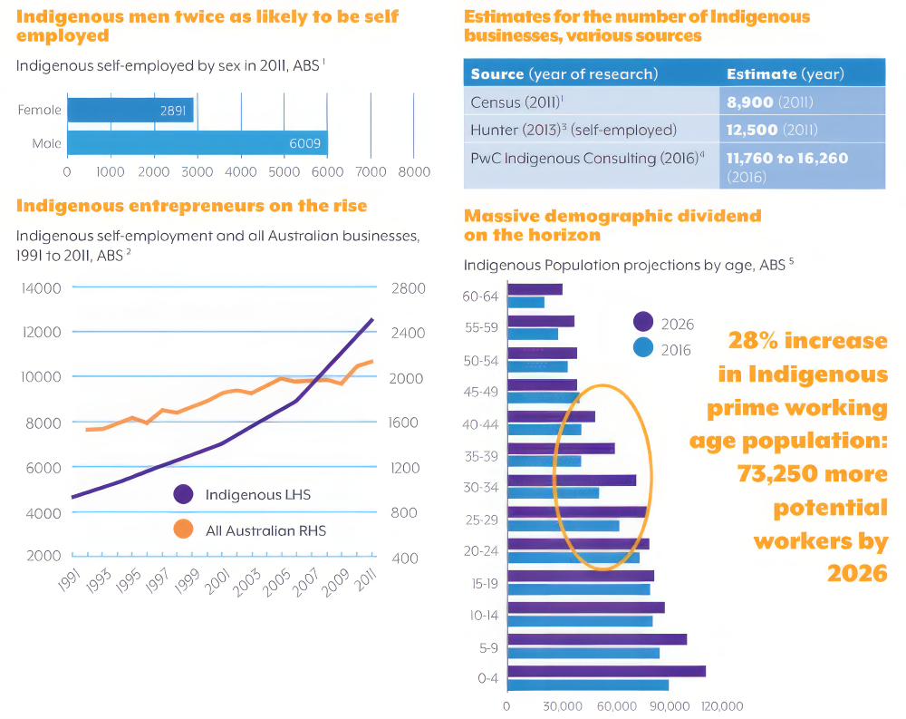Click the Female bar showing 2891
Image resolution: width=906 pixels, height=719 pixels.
pos(130,111)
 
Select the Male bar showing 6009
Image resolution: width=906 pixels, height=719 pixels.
pos(197,143)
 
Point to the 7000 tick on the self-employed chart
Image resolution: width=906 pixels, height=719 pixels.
pos(371,170)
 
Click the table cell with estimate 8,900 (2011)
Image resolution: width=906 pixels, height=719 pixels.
pos(801,102)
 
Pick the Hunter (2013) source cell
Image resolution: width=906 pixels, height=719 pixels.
pos(591,130)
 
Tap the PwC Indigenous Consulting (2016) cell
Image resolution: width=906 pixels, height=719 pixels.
pos(591,159)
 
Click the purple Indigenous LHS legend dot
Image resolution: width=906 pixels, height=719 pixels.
pos(183,494)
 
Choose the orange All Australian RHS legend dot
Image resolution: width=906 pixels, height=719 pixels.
pos(183,530)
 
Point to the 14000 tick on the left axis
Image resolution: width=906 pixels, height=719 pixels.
pos(41,288)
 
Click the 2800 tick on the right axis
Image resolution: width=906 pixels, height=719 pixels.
pos(408,288)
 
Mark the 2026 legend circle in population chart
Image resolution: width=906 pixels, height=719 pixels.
pos(643,323)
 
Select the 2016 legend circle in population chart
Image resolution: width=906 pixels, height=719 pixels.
pos(643,349)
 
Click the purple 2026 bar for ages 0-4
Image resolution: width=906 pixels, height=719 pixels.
pos(606,671)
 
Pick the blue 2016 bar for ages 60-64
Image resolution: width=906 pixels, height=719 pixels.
pos(526,302)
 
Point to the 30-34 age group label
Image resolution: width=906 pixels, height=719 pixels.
pos(481,488)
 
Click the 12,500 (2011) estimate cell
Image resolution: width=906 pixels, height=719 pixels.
pos(801,130)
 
